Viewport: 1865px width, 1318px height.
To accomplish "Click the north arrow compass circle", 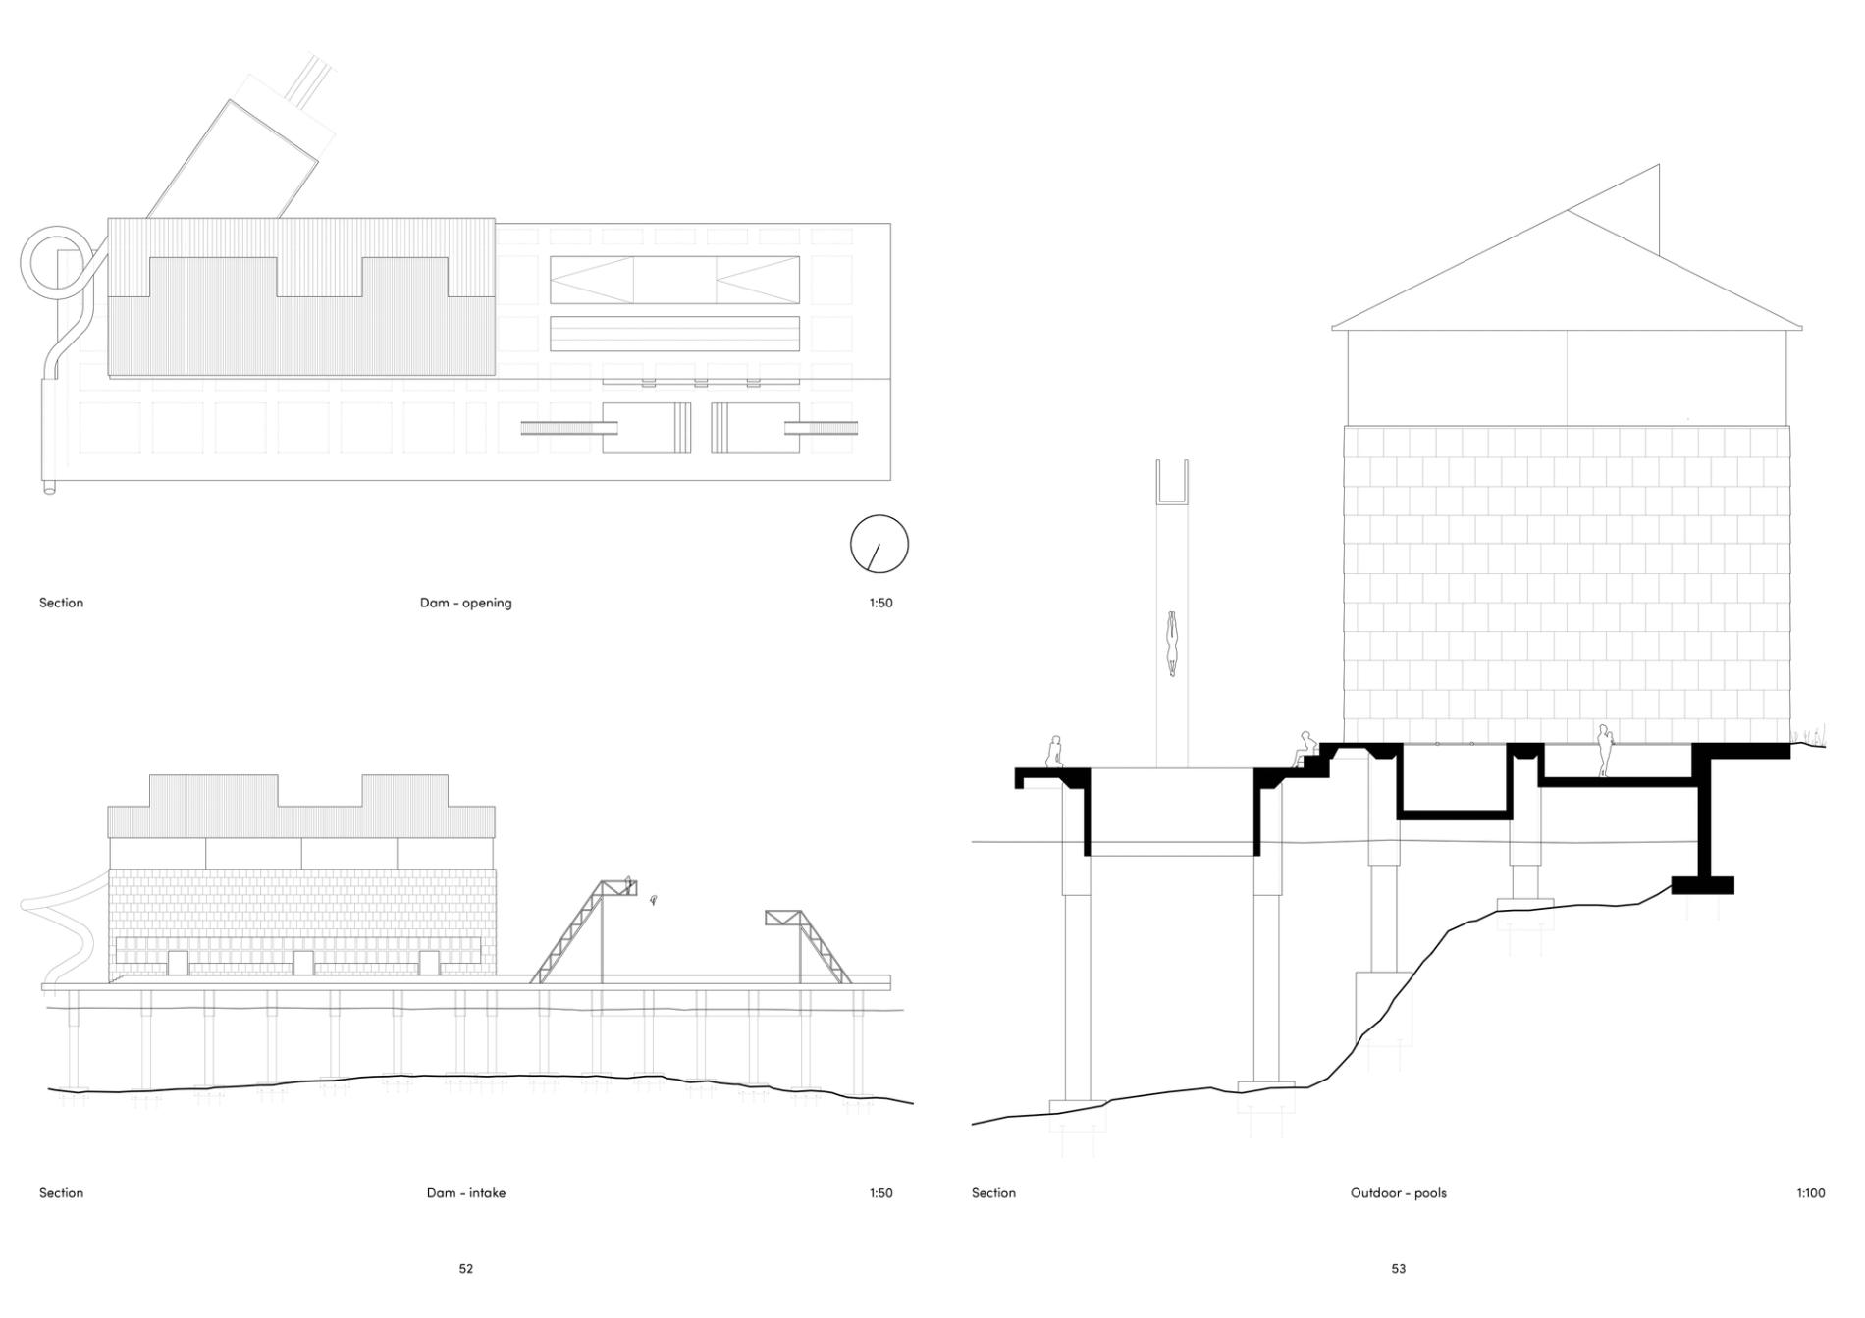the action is coord(879,544).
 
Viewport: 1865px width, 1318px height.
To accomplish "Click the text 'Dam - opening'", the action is coord(465,603).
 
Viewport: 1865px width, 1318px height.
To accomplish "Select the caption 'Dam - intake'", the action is coord(465,1193).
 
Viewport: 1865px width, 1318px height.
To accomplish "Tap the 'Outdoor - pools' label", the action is coord(1398,1193).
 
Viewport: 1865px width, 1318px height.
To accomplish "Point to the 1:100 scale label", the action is coord(1810,1193).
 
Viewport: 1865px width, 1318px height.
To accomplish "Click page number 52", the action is coord(465,1269).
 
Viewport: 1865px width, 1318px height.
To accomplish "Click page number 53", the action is coord(1398,1269).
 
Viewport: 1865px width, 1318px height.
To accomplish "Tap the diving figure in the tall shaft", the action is coord(1171,643).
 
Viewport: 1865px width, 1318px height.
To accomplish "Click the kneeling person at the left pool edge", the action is coord(1054,752).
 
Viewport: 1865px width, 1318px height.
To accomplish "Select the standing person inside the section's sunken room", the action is coord(1604,751).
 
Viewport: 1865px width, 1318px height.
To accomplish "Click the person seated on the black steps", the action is coord(1305,748).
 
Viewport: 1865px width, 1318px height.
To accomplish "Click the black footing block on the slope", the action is coord(1702,885).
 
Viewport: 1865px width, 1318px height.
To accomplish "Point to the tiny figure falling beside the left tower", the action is coord(653,899).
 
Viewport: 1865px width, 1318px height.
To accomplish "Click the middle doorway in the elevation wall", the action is coord(303,963).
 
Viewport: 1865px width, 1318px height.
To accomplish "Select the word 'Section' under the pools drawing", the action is coord(993,1193).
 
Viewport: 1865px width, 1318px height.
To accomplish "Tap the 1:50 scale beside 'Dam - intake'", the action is coord(880,1193).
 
